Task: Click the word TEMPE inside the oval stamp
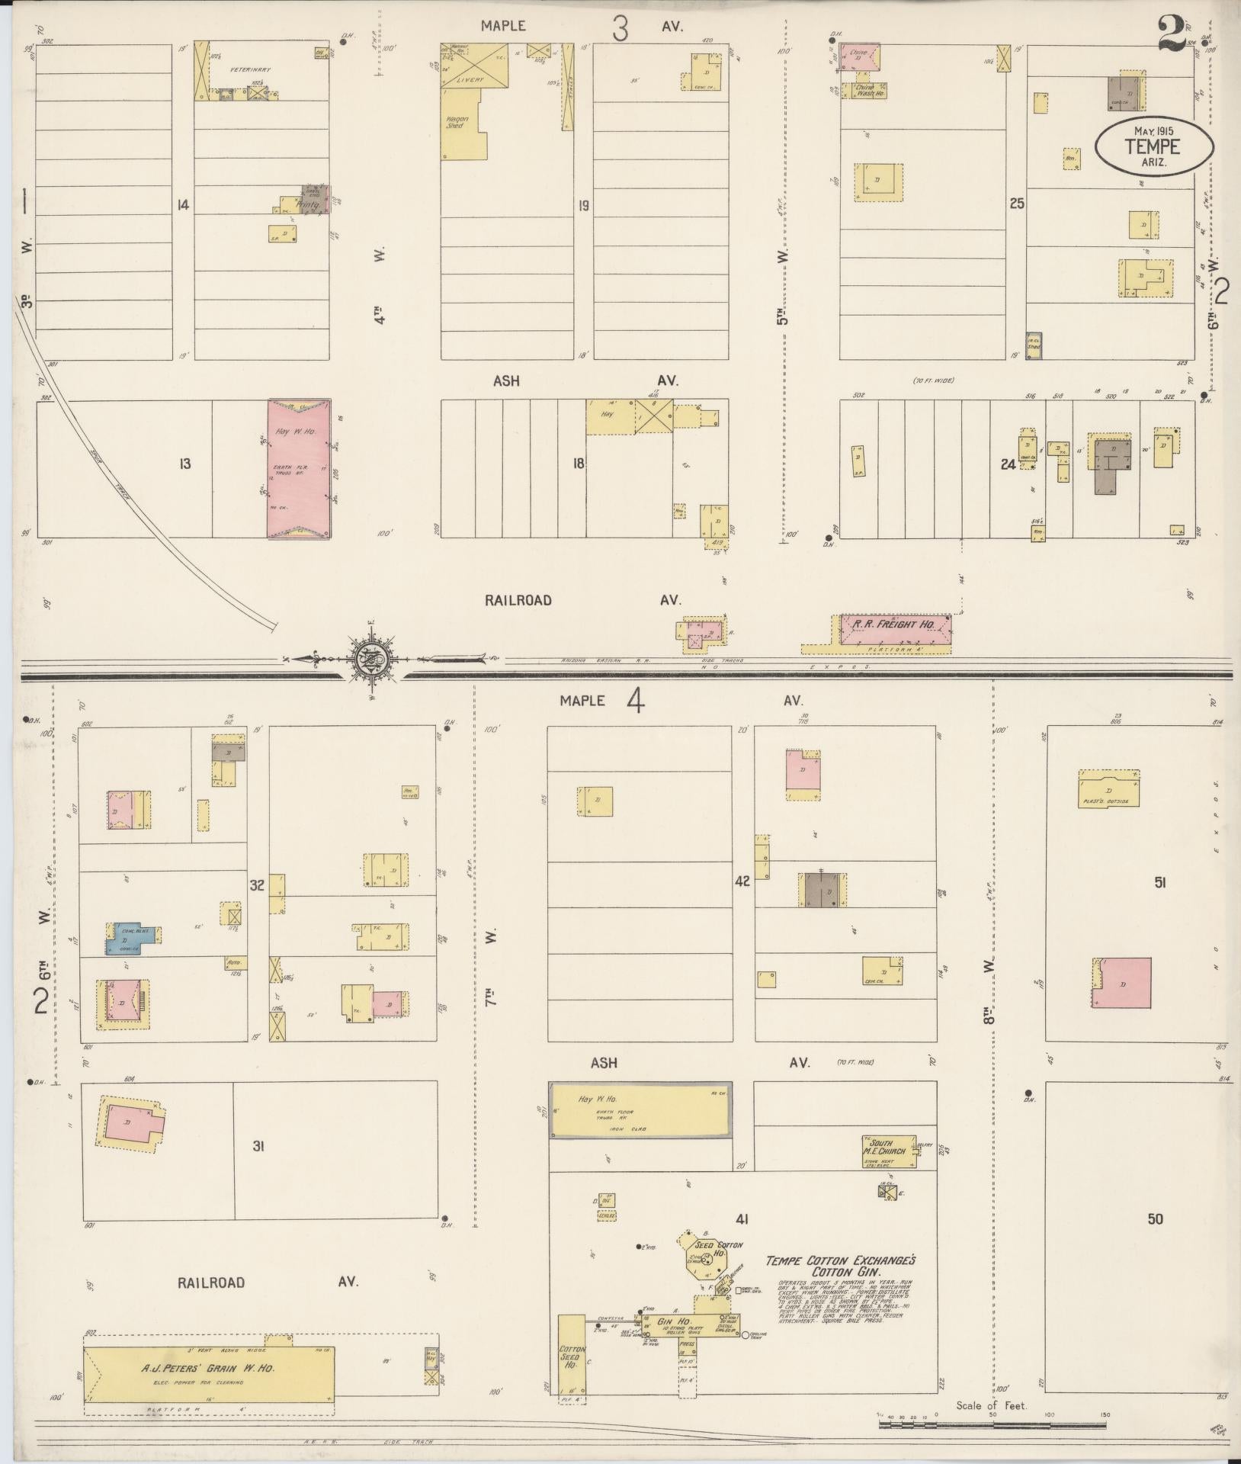[x=1152, y=145]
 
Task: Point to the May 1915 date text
[x=1153, y=130]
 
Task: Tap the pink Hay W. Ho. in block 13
[x=299, y=468]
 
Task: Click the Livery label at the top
[x=465, y=79]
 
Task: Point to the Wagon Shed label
[x=457, y=122]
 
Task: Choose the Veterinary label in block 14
[x=252, y=69]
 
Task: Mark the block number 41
[x=742, y=1219]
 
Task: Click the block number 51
[x=1160, y=882]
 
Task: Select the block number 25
[x=1016, y=204]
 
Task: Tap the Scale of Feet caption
[x=991, y=1405]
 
